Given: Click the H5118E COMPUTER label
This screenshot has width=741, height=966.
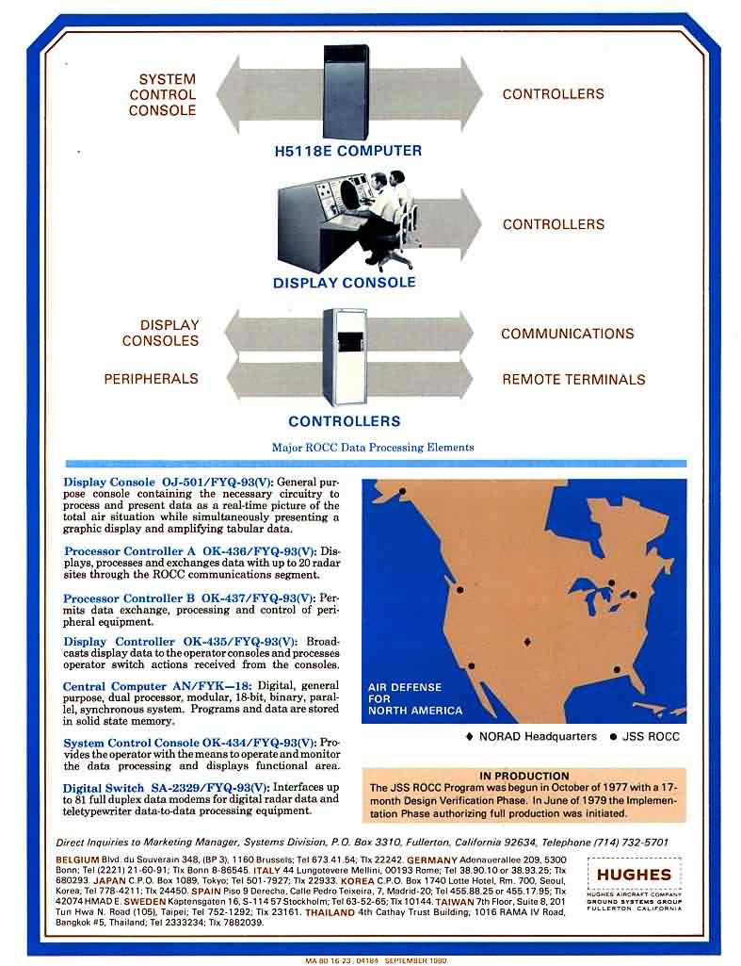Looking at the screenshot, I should click(341, 151).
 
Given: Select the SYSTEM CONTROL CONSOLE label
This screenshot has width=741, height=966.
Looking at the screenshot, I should click(162, 94).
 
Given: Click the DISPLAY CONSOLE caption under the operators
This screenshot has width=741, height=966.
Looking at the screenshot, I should click(344, 282).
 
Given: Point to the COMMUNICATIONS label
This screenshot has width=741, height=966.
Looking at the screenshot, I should click(567, 334).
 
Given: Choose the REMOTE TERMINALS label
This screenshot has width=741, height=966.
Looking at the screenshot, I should click(573, 380).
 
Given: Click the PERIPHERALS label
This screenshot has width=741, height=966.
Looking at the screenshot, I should click(151, 378).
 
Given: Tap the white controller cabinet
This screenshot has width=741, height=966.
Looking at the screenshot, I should click(343, 358).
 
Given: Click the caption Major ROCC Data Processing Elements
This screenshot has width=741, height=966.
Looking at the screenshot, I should click(373, 447).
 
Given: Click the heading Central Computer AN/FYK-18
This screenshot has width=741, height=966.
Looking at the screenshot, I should click(155, 687).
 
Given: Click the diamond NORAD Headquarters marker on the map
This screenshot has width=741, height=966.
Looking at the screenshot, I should click(527, 642).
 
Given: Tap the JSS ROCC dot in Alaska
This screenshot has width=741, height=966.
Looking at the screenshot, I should click(402, 491).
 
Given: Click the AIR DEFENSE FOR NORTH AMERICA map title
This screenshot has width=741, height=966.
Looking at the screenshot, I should click(414, 699).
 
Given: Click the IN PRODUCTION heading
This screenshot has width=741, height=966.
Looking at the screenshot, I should click(524, 775).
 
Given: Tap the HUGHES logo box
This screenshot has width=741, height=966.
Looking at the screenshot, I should click(633, 874).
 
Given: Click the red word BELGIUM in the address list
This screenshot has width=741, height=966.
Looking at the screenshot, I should click(77, 860).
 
